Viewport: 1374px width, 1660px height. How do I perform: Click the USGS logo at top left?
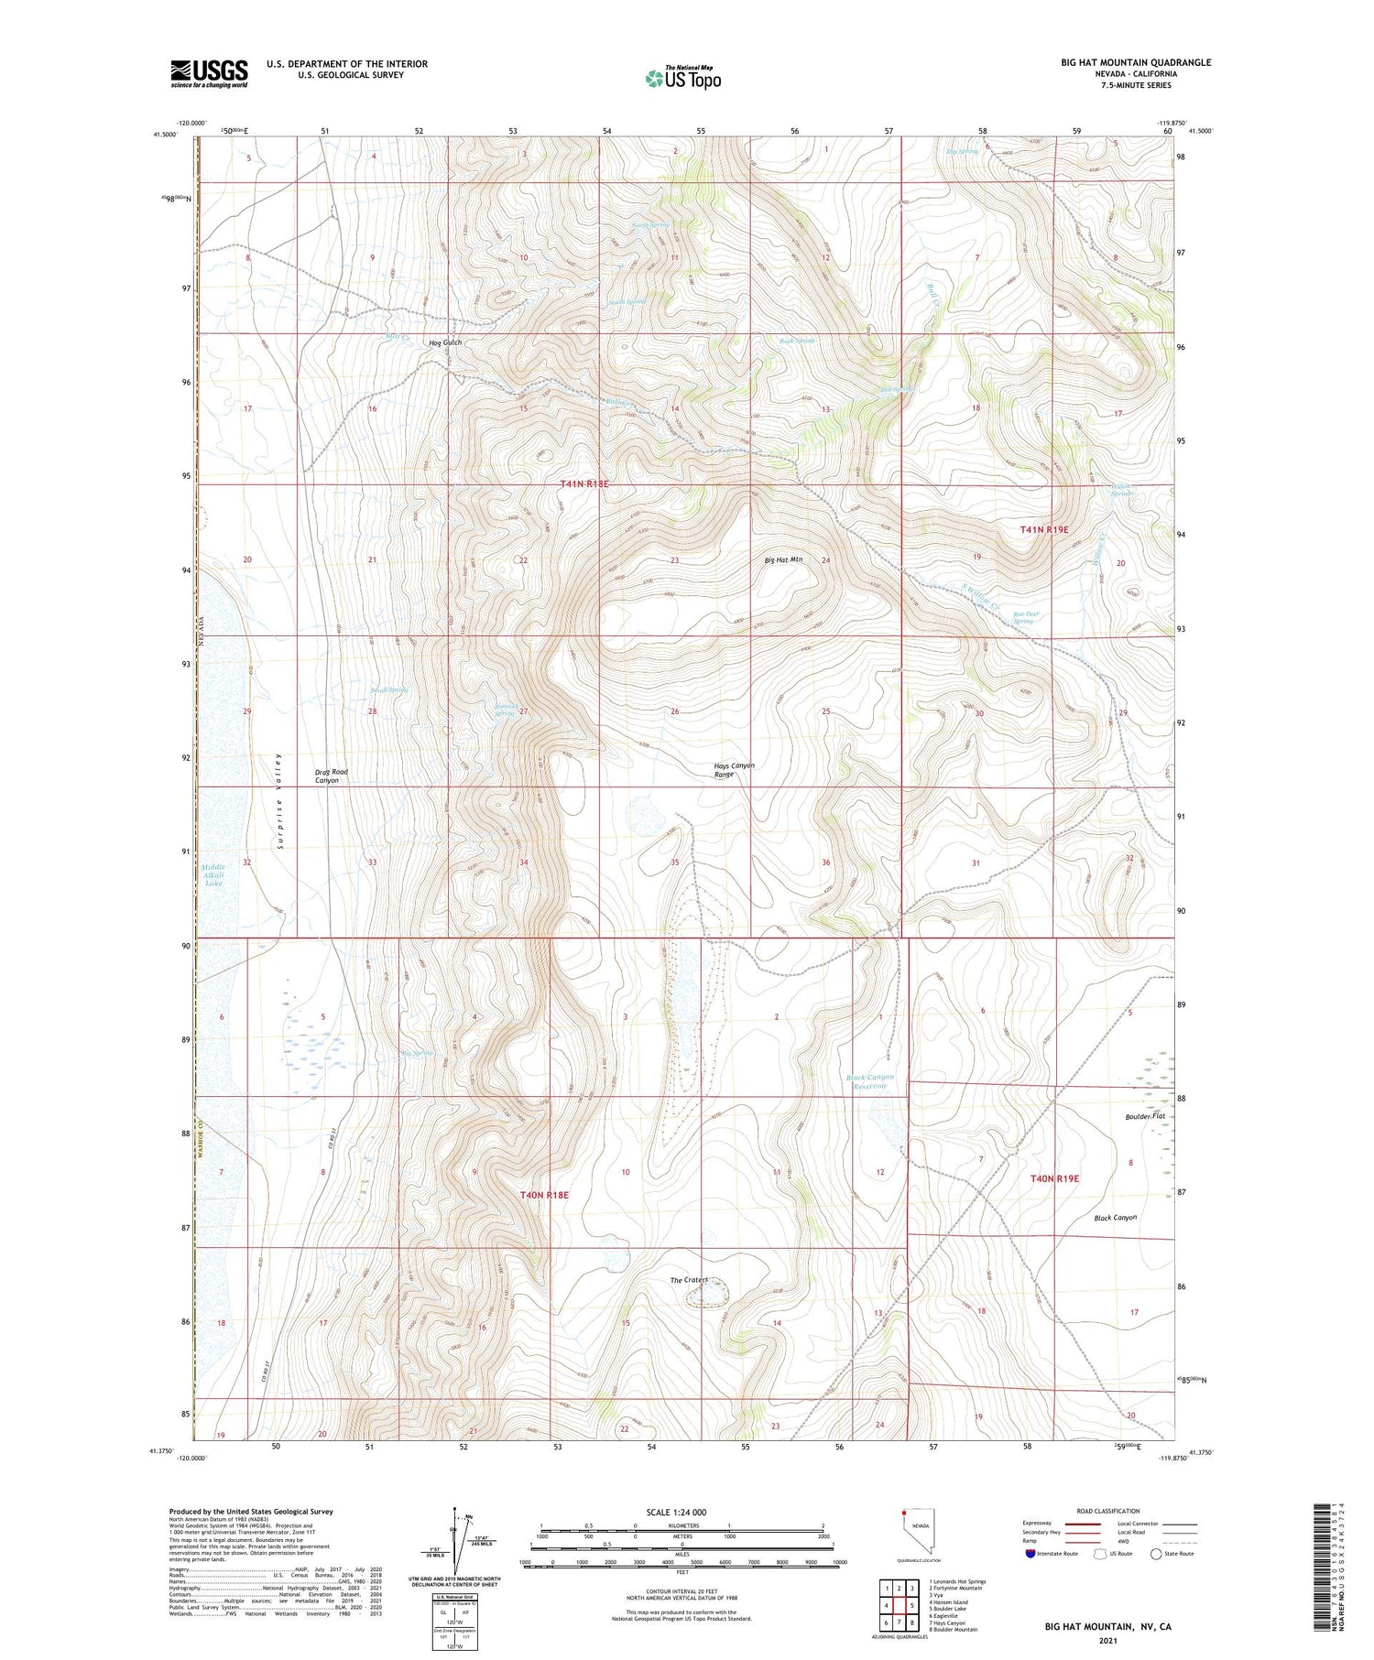209,73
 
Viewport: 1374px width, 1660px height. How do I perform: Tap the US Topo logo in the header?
682,79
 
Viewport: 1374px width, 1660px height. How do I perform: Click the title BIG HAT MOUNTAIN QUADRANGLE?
1136,62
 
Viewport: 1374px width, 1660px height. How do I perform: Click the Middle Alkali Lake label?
213,874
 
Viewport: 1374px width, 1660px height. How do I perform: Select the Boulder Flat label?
1145,1116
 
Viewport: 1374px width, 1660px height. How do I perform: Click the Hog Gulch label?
445,342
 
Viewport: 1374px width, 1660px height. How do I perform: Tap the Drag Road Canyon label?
331,776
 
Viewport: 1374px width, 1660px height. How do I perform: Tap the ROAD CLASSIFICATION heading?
1108,1511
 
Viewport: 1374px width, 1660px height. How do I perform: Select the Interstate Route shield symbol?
1031,1554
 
